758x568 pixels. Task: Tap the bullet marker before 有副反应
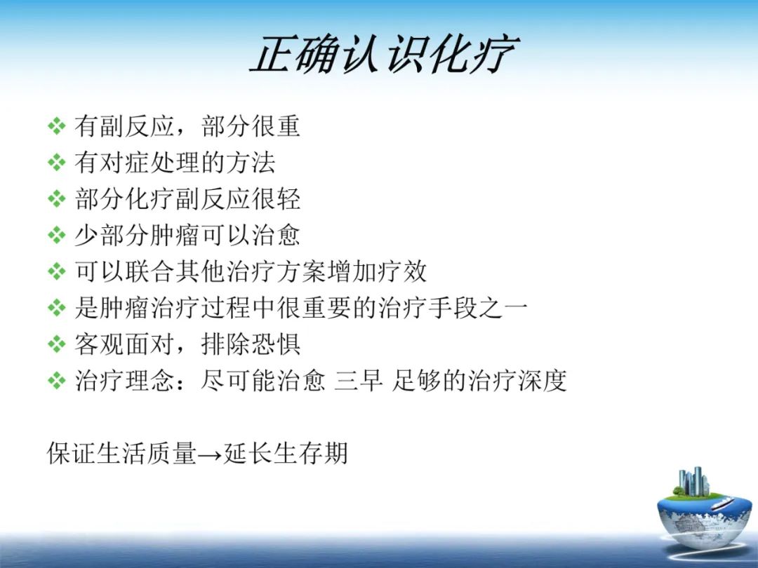click(x=55, y=127)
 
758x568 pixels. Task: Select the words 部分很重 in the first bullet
click(x=251, y=126)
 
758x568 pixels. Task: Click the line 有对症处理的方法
click(x=175, y=163)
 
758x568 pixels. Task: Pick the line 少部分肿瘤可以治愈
click(x=187, y=235)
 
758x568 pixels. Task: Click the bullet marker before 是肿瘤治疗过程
click(x=55, y=308)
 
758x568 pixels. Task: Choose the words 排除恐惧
click(x=251, y=344)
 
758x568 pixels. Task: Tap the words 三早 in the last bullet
click(x=358, y=381)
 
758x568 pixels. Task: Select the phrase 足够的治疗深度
click(x=479, y=381)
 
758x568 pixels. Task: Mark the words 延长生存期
click(x=285, y=454)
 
